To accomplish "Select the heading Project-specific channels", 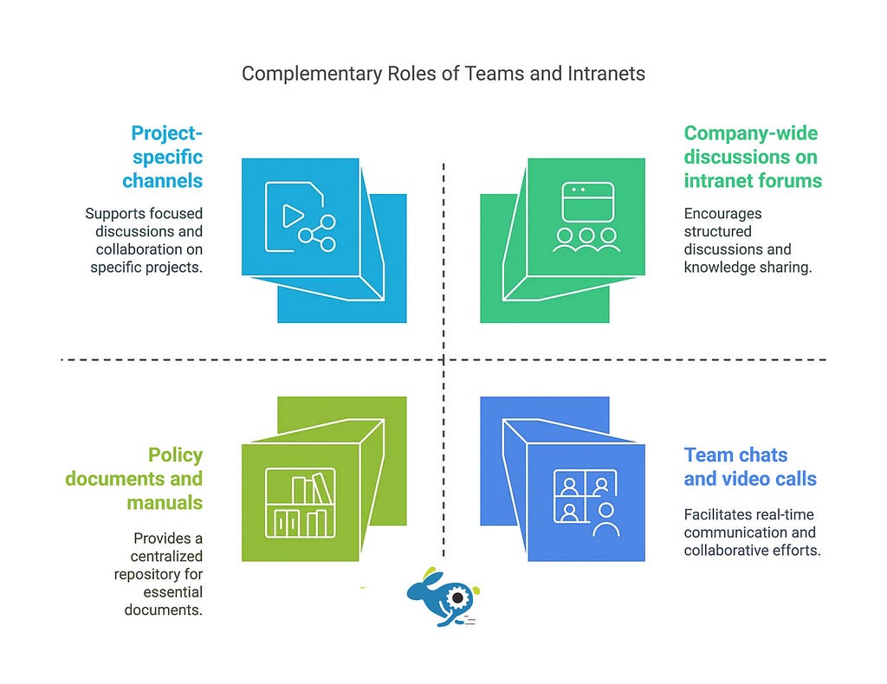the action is pos(162,157).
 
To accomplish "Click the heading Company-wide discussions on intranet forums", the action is pos(753,157).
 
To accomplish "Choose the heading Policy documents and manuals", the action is pos(134,478).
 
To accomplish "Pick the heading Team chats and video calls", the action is pos(750,467).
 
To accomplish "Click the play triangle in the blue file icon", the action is pos(293,216).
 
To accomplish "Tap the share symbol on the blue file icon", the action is pos(318,233).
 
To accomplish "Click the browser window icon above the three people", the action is pos(588,202).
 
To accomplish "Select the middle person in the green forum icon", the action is pos(586,239).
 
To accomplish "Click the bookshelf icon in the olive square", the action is pos(301,502).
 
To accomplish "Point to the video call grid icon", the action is pos(586,502).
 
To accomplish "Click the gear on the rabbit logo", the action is pos(457,597).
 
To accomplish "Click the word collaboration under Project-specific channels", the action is pos(149,249).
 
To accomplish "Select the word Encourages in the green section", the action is pos(723,214).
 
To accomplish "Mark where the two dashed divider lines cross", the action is pos(443,359).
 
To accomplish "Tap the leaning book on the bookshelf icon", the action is pos(323,487).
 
